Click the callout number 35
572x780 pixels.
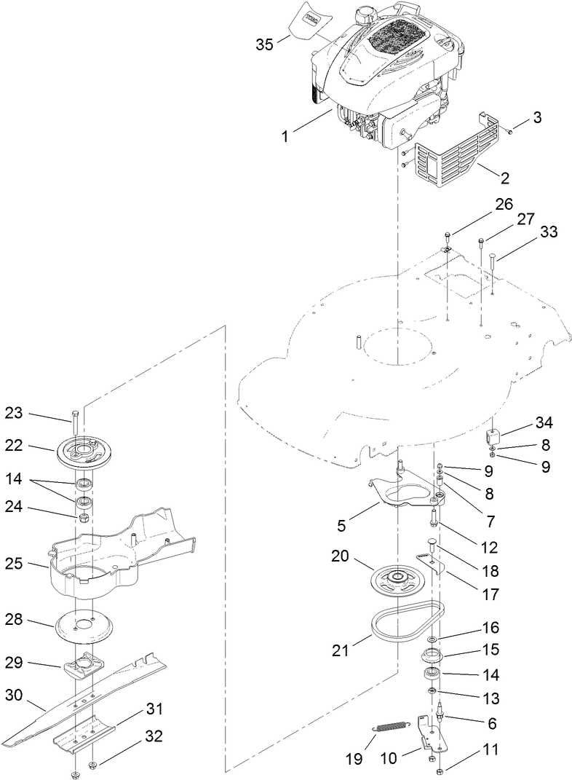click(x=264, y=44)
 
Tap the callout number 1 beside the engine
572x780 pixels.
click(x=285, y=136)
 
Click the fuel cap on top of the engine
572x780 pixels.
click(x=362, y=15)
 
